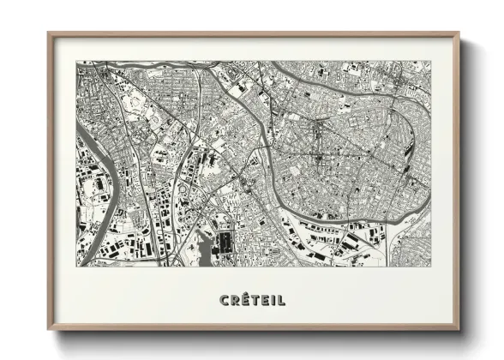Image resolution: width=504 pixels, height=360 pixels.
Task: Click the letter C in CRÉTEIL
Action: click(x=224, y=300)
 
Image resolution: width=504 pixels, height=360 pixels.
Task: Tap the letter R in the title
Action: click(x=234, y=300)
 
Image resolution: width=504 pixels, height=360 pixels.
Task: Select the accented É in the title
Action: click(x=244, y=300)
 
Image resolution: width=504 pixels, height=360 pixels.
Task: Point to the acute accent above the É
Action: click(x=245, y=294)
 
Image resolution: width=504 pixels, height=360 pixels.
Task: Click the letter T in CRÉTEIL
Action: click(x=255, y=300)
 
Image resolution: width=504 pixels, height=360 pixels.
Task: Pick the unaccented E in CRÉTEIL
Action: click(x=265, y=300)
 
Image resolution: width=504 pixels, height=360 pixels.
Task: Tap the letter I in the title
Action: click(x=273, y=300)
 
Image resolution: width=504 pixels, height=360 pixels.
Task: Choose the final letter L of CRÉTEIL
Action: click(x=281, y=300)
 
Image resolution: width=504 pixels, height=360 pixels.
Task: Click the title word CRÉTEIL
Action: click(x=252, y=300)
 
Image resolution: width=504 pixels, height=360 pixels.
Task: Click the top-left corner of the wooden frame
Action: click(x=48, y=33)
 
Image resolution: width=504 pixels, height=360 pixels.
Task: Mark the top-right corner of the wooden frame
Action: click(x=459, y=33)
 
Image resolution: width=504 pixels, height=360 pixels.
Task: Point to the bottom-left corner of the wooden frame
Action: click(x=48, y=330)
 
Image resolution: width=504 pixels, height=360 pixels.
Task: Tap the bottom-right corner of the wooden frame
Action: click(x=459, y=330)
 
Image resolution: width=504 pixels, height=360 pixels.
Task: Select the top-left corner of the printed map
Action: click(x=76, y=61)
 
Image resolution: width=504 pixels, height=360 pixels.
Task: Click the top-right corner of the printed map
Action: click(x=430, y=61)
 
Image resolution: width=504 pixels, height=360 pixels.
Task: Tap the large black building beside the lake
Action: click(x=225, y=242)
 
